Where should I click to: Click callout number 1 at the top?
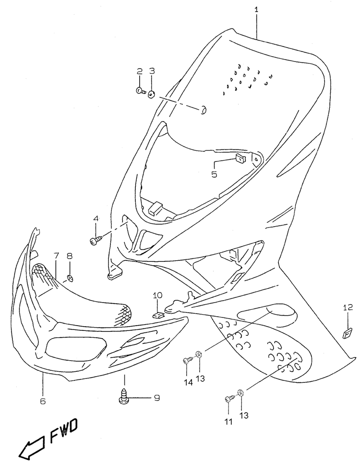point(256,9)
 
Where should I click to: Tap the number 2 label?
point(139,71)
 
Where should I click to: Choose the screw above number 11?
point(230,400)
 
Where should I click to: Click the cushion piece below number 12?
point(348,333)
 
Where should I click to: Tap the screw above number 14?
point(189,360)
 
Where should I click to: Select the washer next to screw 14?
point(199,353)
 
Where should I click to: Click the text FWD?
point(63,430)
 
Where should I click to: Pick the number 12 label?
point(348,308)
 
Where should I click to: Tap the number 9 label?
point(156,398)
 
